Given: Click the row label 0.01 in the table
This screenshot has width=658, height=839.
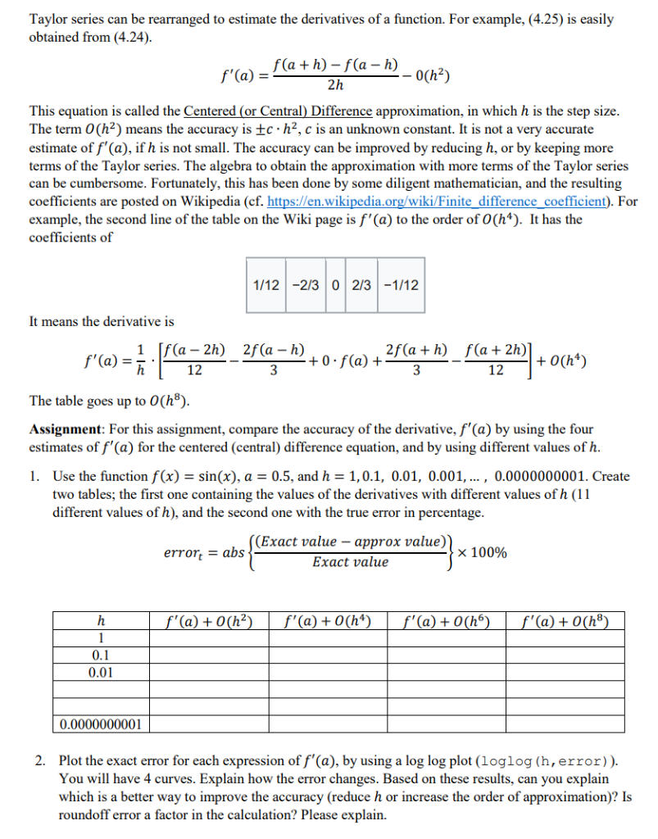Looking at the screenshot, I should pyautogui.click(x=100, y=673).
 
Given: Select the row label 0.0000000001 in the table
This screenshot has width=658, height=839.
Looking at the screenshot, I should pyautogui.click(x=100, y=724).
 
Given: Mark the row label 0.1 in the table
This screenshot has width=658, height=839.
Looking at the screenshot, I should pyautogui.click(x=100, y=655).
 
